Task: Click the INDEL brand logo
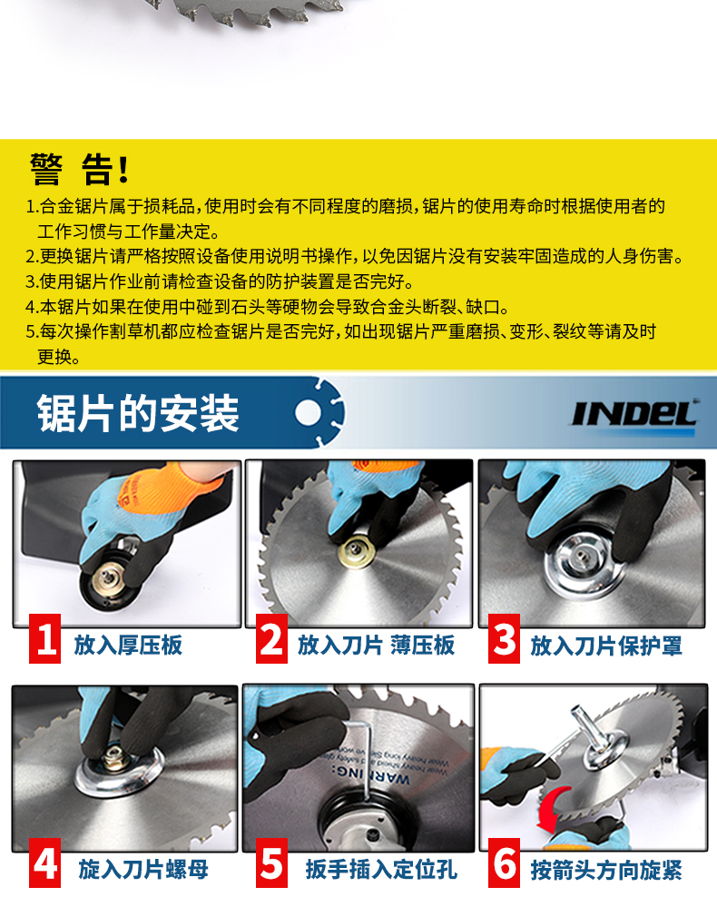tap(634, 415)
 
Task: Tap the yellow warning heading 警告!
tap(79, 169)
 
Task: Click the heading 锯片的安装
tap(138, 414)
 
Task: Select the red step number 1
tap(45, 638)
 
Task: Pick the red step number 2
tap(271, 638)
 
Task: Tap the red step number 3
tap(505, 638)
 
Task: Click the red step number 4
tap(45, 863)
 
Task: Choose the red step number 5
tap(271, 863)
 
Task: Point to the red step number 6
tap(505, 863)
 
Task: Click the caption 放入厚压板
tap(128, 645)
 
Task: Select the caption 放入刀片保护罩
tap(606, 646)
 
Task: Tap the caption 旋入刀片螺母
tap(142, 870)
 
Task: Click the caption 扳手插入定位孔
tap(381, 870)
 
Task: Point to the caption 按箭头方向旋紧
tap(606, 870)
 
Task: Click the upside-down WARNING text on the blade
tap(370, 775)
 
